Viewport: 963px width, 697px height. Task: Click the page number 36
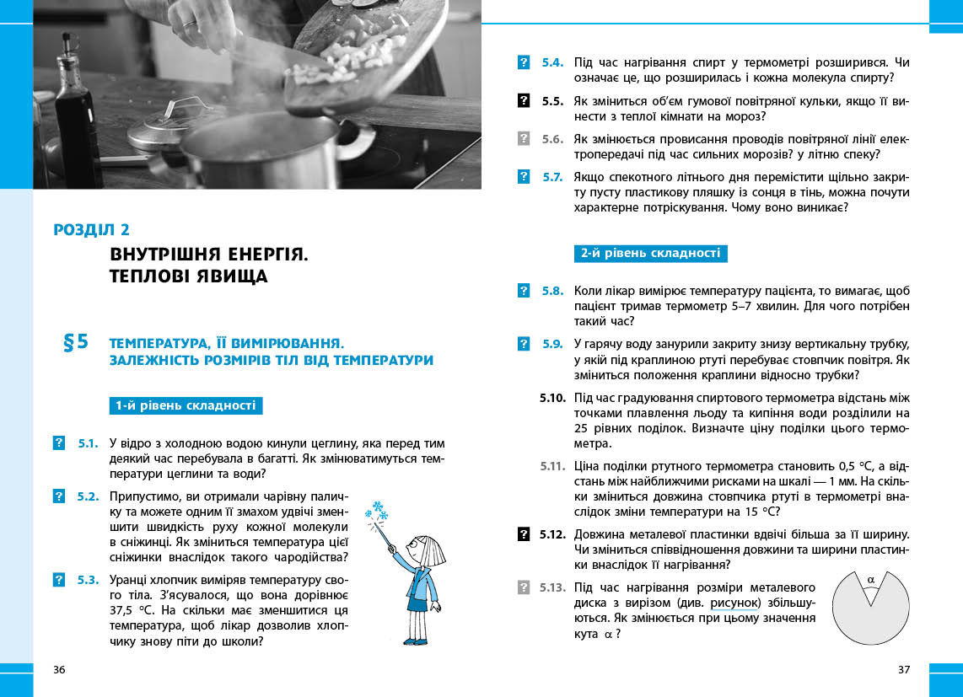tap(58, 670)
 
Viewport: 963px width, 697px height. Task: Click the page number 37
tap(904, 670)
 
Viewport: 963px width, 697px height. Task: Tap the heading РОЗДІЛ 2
tap(91, 229)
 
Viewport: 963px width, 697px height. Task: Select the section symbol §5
tap(76, 342)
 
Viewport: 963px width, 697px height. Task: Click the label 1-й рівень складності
tap(186, 405)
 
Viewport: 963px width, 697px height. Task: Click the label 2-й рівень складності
tap(650, 253)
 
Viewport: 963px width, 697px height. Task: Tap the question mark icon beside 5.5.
tap(524, 100)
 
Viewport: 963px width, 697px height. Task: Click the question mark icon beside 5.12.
tap(524, 533)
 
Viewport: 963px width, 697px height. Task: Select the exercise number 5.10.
tap(551, 397)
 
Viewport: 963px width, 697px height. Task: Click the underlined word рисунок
tap(735, 603)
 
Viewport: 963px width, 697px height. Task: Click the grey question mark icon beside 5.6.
tap(524, 138)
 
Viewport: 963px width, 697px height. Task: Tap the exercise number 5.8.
tap(552, 291)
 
